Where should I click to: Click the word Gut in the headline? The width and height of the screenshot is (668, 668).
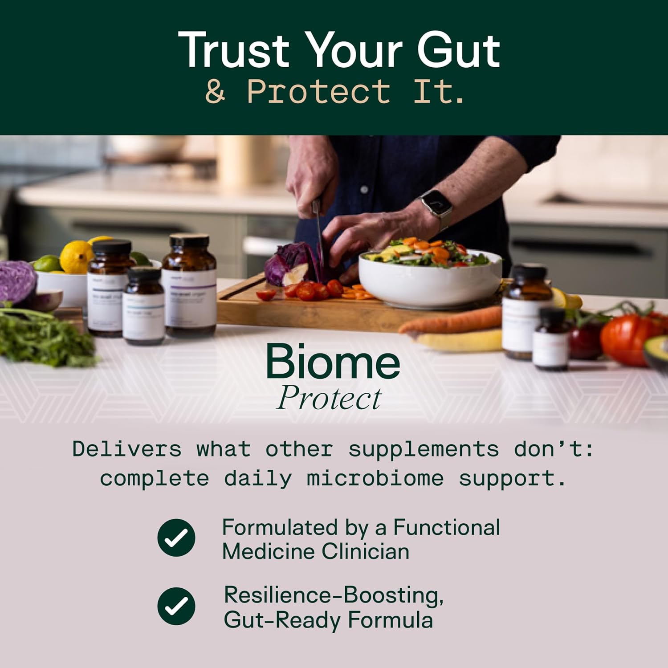coord(459,50)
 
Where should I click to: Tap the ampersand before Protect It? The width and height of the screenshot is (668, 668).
coord(215,91)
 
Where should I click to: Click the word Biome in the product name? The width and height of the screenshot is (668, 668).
coord(333,362)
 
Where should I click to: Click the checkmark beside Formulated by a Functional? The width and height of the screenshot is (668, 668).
coord(176,538)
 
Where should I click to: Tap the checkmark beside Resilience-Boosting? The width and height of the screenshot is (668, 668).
coord(176,606)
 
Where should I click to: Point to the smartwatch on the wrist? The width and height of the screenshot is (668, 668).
coord(436,204)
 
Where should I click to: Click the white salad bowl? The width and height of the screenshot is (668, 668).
coord(429,281)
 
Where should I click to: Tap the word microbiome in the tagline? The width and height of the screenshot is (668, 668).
coord(375,479)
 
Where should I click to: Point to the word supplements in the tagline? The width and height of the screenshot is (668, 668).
coord(424,449)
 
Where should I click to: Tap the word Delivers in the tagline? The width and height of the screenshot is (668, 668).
coord(127,449)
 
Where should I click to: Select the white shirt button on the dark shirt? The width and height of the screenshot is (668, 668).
coord(364,190)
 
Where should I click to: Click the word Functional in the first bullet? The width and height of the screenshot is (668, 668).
coord(446,527)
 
